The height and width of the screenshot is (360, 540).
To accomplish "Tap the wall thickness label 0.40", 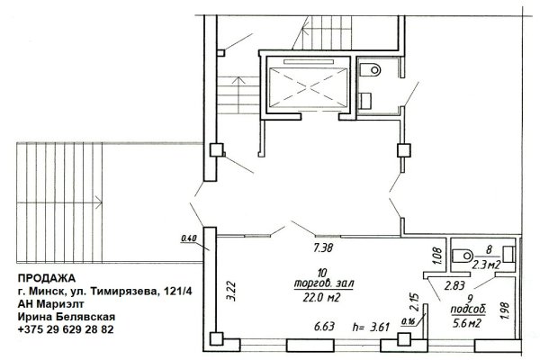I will coord(189,238).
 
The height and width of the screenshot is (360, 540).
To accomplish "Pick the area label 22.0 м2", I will coord(321,296).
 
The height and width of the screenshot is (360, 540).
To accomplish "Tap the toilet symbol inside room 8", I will coord(460,251).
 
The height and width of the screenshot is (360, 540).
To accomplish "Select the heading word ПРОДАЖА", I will coord(46,278).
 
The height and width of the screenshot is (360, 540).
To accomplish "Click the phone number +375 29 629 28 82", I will coord(66,329).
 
